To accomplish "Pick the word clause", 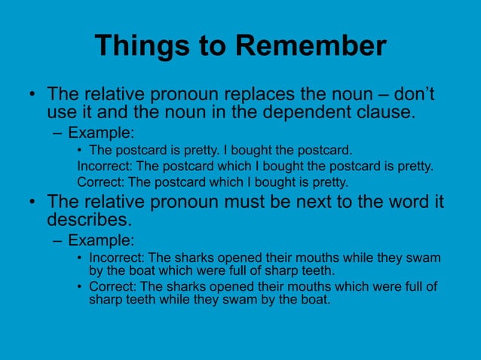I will point(388,114).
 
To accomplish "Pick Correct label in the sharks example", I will point(112,287).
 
